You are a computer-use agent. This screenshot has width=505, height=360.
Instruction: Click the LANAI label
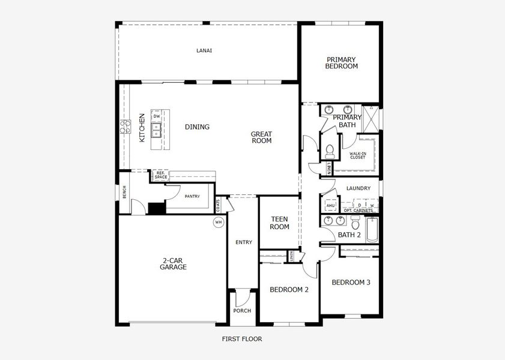click(x=204, y=50)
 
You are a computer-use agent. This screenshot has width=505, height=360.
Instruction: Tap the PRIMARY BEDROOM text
click(x=341, y=63)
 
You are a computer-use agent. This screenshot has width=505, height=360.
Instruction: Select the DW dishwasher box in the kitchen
click(x=156, y=116)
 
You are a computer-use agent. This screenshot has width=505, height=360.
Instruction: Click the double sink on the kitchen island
click(x=156, y=127)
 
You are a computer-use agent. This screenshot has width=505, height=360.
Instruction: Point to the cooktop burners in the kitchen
click(x=125, y=126)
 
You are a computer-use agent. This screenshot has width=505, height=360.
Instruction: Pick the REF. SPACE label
click(x=160, y=175)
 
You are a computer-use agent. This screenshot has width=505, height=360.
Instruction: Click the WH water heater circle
click(x=218, y=222)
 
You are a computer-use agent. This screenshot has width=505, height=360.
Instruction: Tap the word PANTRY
click(x=192, y=196)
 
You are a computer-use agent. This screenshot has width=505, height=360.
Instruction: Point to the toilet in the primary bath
click(x=330, y=151)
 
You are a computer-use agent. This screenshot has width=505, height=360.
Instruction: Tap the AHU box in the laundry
click(x=330, y=206)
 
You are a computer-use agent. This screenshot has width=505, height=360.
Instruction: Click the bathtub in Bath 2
click(x=372, y=230)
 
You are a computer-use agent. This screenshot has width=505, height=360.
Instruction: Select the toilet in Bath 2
click(x=355, y=224)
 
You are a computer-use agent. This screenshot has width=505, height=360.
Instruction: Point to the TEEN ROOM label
click(x=280, y=223)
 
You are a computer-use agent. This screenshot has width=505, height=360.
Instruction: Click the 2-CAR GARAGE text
click(x=173, y=263)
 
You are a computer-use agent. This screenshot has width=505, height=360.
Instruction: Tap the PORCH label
click(x=242, y=311)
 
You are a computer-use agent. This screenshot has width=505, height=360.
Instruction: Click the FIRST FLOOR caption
click(x=242, y=339)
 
